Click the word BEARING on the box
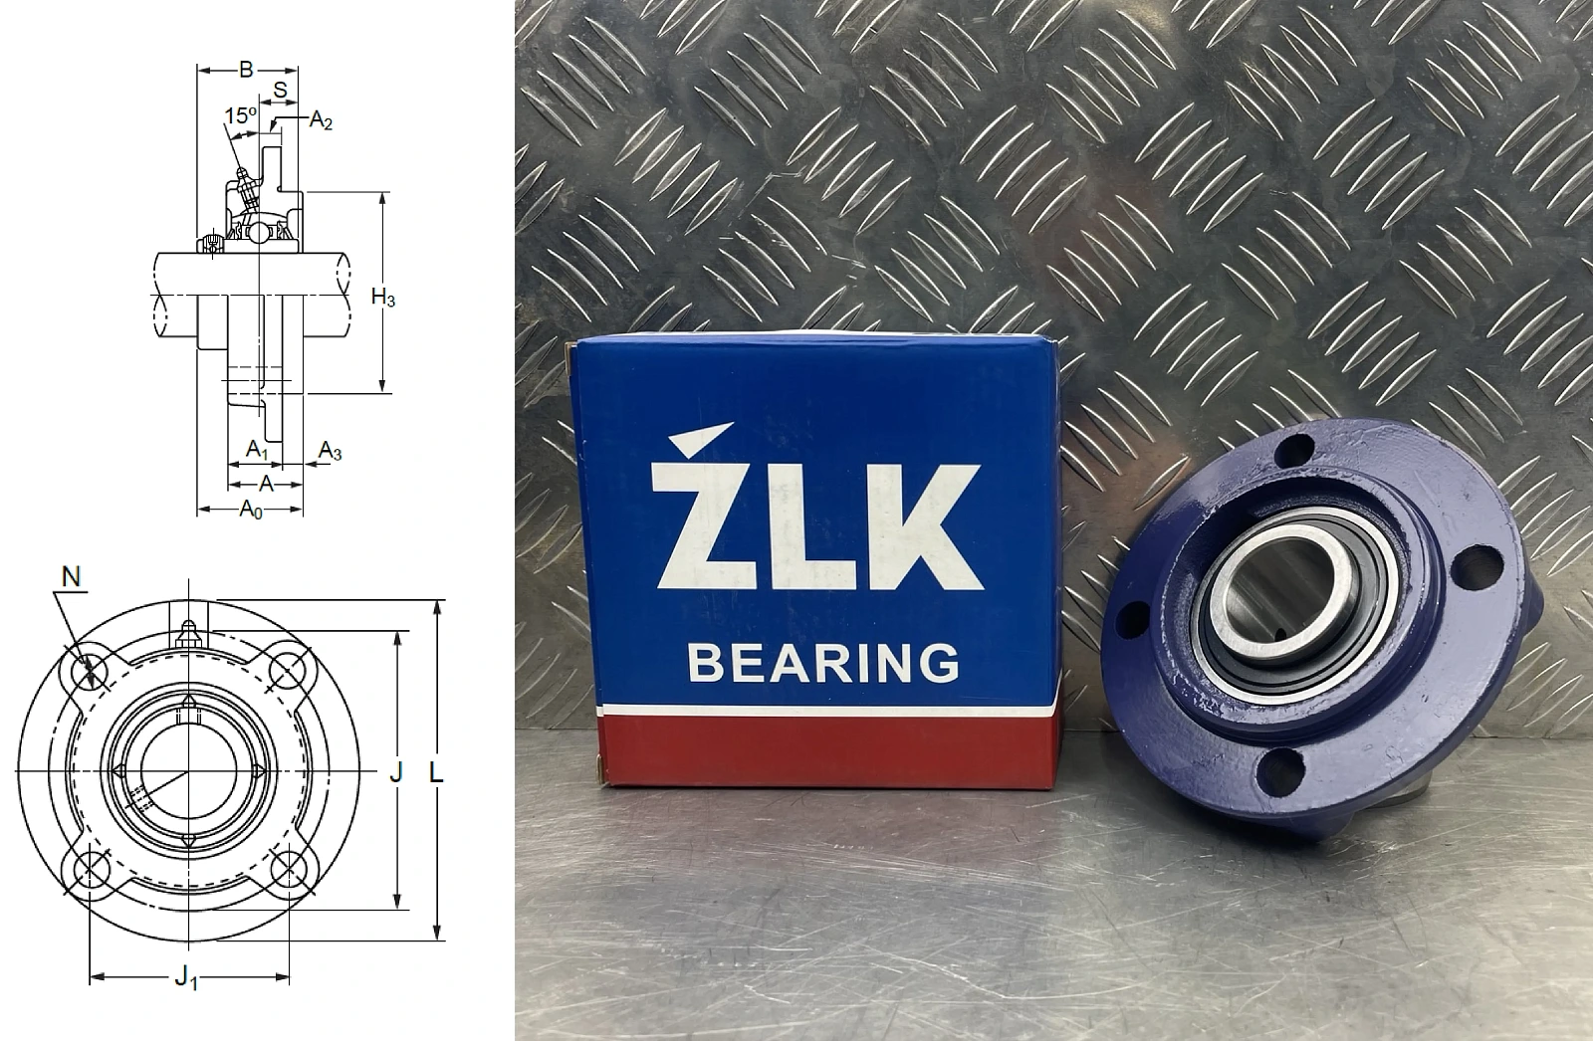(823, 663)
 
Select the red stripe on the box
(828, 750)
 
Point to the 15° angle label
(240, 115)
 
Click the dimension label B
(246, 70)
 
